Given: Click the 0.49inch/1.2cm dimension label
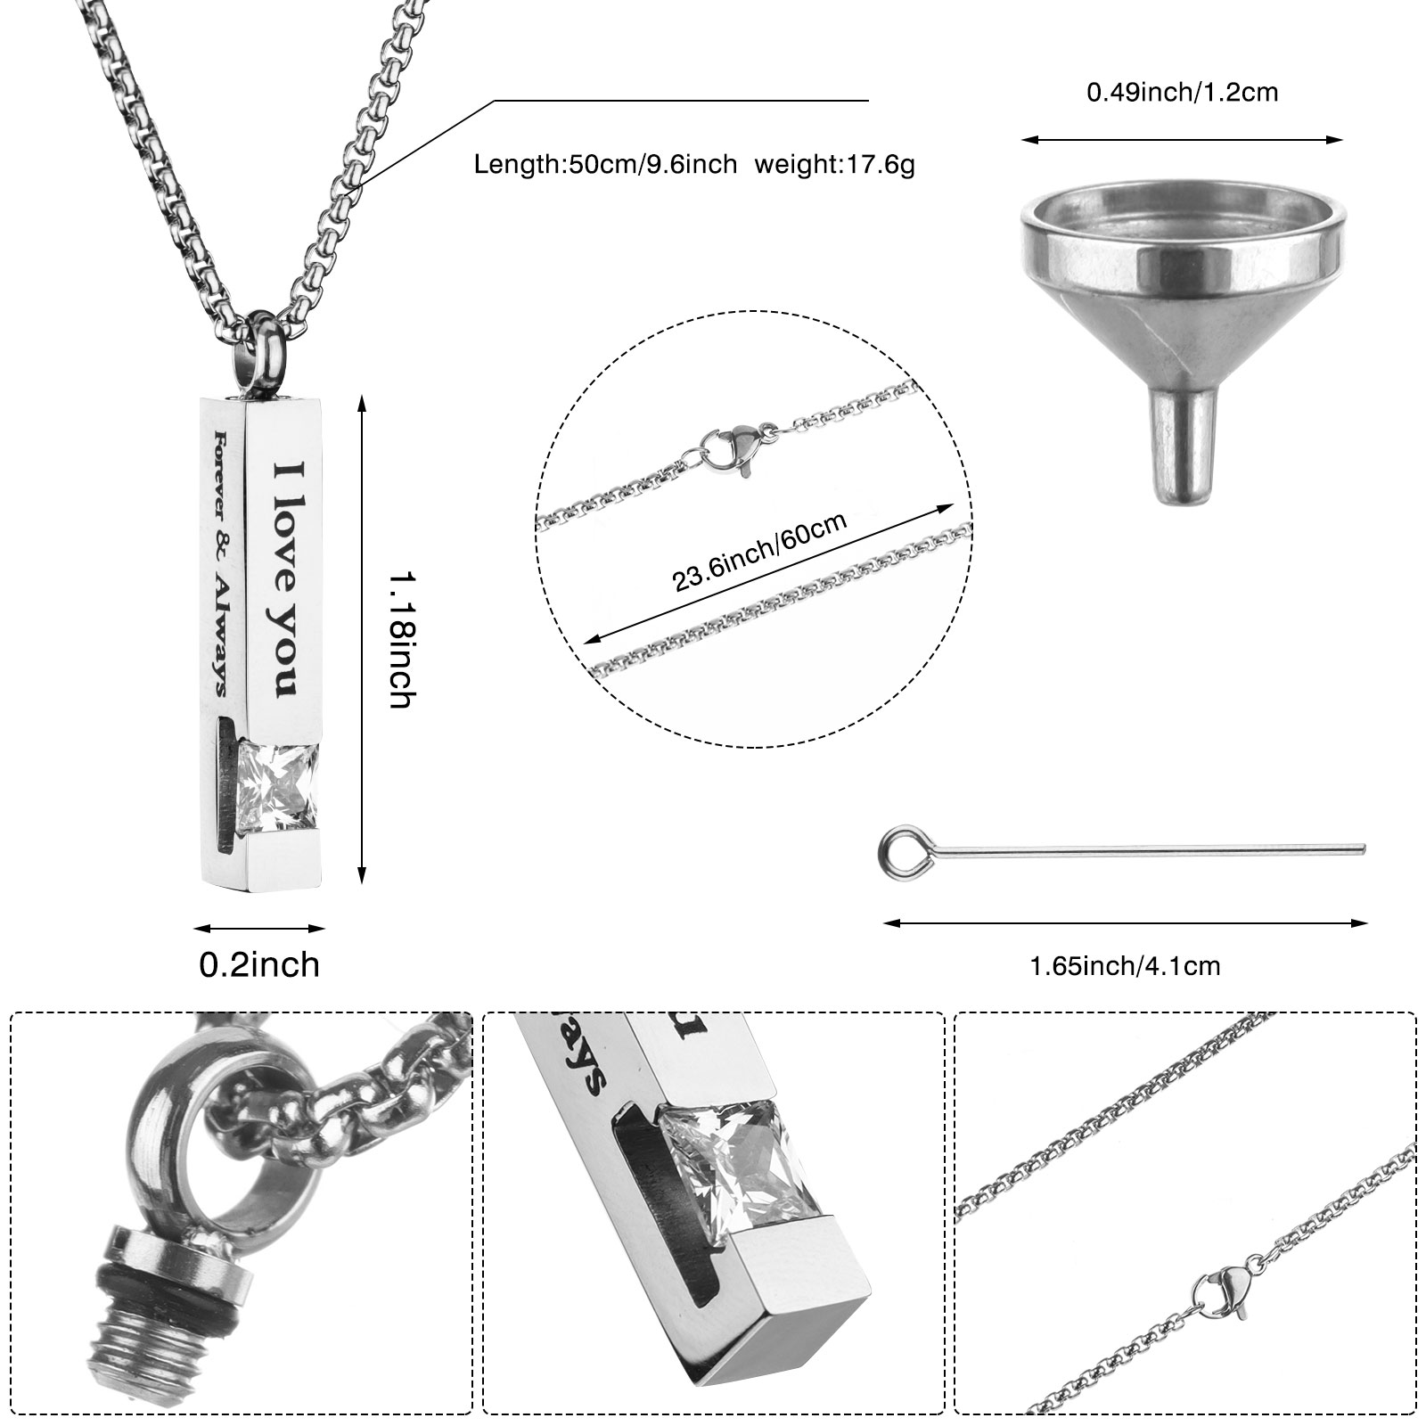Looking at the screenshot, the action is pyautogui.click(x=1182, y=92).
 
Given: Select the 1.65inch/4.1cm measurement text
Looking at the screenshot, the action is pyautogui.click(x=1125, y=965).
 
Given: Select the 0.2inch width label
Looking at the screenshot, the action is pyautogui.click(x=259, y=964).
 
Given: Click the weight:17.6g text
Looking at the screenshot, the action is pyautogui.click(x=835, y=164).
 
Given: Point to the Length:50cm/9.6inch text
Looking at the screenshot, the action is pyautogui.click(x=605, y=164).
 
